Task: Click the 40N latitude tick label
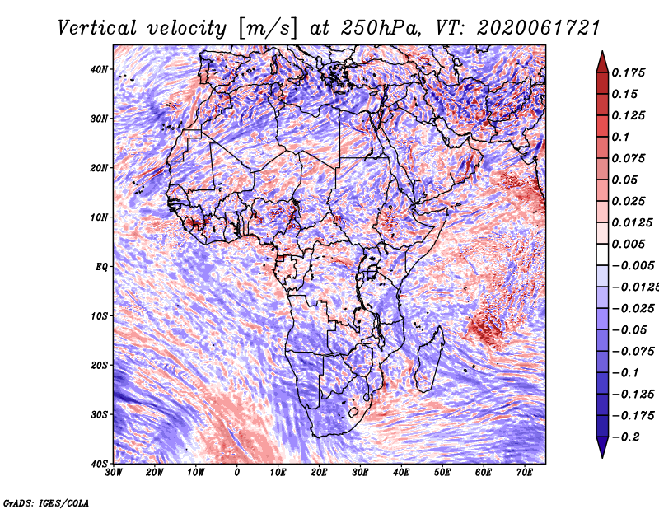99,69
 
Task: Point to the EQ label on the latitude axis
101,267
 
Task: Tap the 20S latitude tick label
99,365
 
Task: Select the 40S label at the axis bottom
99,464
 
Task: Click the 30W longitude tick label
114,473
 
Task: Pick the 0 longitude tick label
237,473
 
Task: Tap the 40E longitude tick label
401,473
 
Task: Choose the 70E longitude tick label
525,473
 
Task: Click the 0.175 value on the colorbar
628,72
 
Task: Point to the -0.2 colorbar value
626,437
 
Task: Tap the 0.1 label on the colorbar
620,137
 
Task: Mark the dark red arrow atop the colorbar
602,62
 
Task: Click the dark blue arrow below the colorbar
602,447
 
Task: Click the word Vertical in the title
96,28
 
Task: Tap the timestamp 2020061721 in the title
539,28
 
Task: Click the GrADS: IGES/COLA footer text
46,502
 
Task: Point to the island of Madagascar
429,359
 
